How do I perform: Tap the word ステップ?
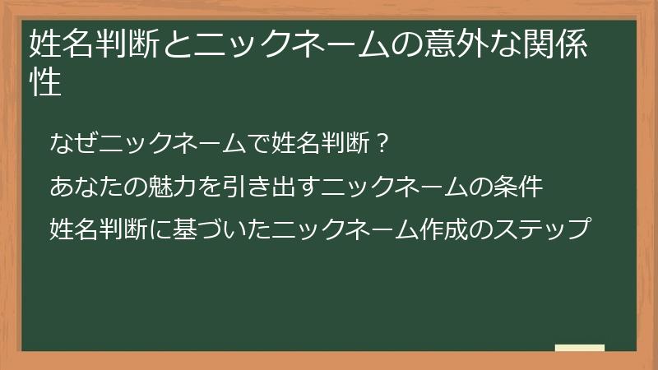[x=544, y=227]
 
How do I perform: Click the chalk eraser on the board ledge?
[x=579, y=348]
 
